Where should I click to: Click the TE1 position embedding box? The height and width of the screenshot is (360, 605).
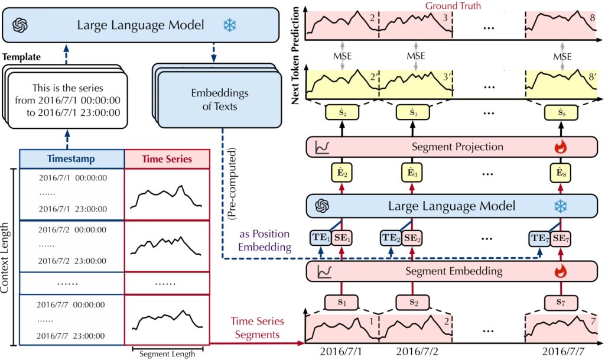tap(320, 238)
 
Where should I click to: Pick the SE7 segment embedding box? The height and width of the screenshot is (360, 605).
tap(561, 238)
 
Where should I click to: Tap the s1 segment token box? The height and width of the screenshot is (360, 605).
tap(341, 302)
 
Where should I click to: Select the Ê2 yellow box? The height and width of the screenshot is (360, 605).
tap(341, 175)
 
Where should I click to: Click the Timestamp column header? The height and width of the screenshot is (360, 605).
tap(71, 158)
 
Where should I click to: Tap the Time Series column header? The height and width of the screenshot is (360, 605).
tap(166, 158)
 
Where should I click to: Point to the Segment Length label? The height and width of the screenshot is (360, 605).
tap(166, 355)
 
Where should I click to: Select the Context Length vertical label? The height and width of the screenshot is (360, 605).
tap(6, 257)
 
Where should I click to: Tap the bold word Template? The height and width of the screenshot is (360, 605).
tap(22, 57)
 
